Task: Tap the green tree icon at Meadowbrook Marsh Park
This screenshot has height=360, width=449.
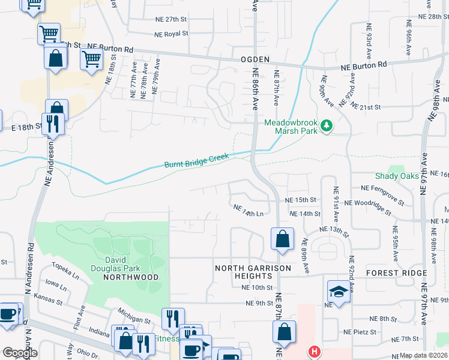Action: pos(327,125)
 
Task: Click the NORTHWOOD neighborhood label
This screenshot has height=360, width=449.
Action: pos(130,277)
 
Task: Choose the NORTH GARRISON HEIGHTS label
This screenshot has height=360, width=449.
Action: pos(253,272)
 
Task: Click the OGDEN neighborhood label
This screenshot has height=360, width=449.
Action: pos(255,60)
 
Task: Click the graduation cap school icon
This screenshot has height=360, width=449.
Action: pos(339,292)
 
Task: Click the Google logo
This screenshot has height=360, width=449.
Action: pos(20,352)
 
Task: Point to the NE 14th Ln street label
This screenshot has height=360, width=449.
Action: pos(249,211)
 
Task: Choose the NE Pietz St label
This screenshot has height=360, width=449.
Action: pos(360,331)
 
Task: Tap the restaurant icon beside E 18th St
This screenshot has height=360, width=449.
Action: pos(53,124)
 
